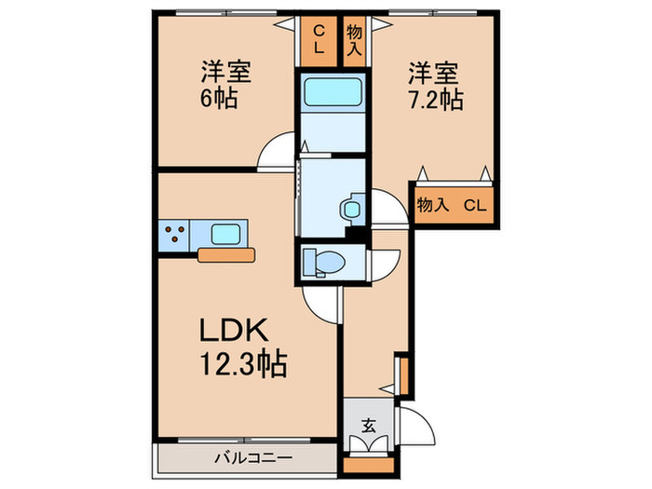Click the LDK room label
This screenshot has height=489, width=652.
click(x=233, y=330)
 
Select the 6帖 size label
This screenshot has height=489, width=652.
click(x=219, y=99)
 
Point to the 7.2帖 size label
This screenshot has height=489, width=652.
click(x=436, y=100)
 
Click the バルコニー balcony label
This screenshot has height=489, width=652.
click(x=253, y=458)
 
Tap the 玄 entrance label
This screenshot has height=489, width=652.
click(x=369, y=426)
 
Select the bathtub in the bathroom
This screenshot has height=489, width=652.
click(x=333, y=92)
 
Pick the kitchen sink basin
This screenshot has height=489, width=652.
click(x=225, y=235)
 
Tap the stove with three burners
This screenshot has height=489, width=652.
click(x=175, y=236)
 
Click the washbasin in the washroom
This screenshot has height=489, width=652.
click(x=351, y=209)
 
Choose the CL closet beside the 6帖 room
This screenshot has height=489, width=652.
click(x=319, y=41)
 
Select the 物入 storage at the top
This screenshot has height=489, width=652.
click(x=354, y=41)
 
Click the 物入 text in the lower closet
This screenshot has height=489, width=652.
click(x=432, y=205)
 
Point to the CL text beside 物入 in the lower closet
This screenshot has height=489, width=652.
click(x=475, y=206)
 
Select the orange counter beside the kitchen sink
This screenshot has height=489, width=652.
click(x=226, y=255)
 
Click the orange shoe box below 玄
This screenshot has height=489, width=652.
click(x=369, y=466)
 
